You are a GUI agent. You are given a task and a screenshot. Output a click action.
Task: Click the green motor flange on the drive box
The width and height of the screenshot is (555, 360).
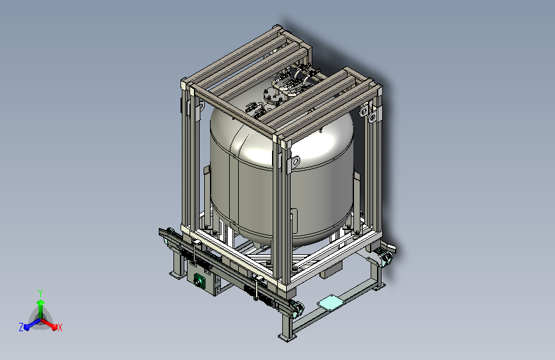click(x=200, y=280)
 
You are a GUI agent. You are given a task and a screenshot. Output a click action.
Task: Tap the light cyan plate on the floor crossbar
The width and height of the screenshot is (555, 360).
click(x=331, y=303)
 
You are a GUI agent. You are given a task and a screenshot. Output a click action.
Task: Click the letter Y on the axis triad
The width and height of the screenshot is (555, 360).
click(x=40, y=293)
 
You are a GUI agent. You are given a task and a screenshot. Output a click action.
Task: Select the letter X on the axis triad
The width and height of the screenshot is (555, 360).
click(x=60, y=328)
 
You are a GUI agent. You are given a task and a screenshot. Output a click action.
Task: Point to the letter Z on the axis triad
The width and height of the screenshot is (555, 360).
click(x=21, y=327)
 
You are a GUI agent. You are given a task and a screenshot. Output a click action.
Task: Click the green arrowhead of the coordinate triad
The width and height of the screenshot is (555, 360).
click(x=41, y=303)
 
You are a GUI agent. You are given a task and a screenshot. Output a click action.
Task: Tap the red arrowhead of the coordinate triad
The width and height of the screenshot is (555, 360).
click(x=54, y=326)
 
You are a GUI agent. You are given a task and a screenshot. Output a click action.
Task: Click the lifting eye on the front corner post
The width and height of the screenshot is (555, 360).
click(x=294, y=162)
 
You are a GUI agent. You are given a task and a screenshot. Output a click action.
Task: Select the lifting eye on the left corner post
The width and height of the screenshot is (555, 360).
click(x=201, y=106)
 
